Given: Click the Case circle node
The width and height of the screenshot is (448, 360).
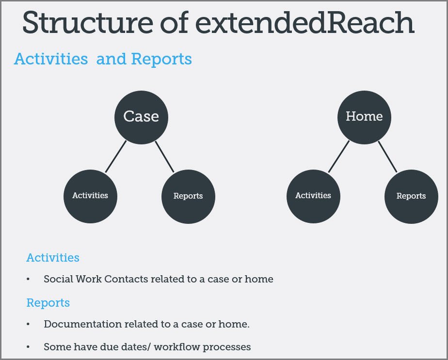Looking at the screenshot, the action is tap(141, 117).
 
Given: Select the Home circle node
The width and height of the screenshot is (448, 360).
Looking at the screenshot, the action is tap(364, 117).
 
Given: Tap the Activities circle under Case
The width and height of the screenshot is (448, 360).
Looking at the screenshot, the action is tap(90, 196).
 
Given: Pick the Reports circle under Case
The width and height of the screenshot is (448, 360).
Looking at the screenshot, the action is tap(188, 196).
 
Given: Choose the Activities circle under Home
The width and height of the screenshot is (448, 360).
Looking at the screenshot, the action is tap(313, 196).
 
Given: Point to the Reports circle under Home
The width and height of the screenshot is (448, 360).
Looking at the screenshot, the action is tap(412, 196).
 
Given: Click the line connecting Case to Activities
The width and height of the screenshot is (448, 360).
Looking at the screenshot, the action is tap(116, 157).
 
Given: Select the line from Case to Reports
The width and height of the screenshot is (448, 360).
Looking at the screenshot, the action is tap(164, 157).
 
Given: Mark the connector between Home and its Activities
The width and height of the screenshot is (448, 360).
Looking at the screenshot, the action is tap(339, 157).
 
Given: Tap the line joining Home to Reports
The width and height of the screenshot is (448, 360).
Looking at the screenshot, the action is tap(388, 157).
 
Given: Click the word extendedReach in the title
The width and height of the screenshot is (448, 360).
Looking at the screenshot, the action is tap(305, 22).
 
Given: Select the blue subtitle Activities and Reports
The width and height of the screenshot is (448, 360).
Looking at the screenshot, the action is tap(103, 59).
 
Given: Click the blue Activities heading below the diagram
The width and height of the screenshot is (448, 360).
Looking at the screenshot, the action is tap(53, 257).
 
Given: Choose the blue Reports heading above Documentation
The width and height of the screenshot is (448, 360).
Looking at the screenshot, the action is tap(48, 303).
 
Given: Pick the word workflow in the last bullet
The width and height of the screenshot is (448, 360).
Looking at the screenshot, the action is tap(177, 347).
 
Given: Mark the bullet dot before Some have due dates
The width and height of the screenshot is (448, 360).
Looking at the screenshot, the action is tap(28, 347).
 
